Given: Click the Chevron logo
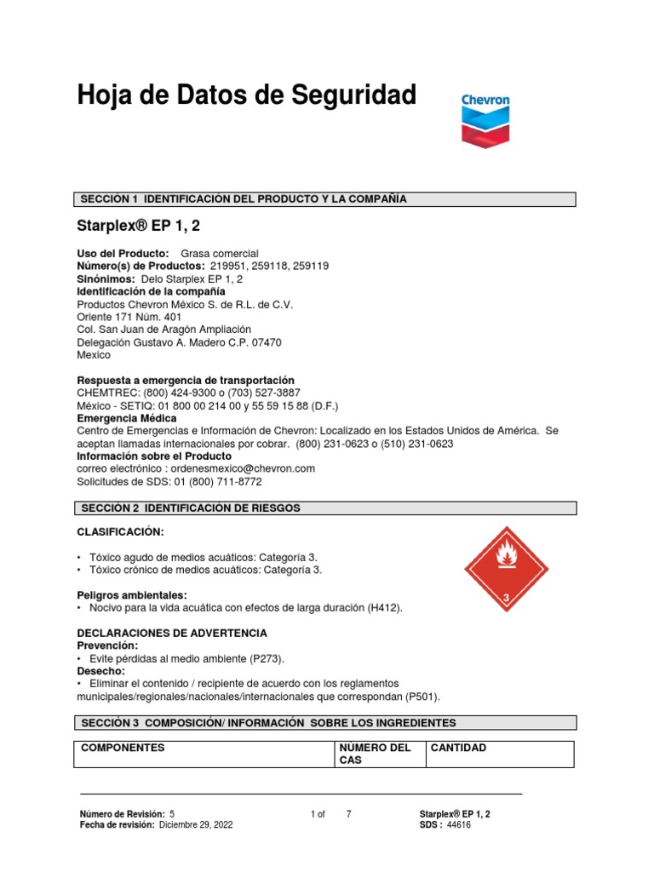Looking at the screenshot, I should click(x=485, y=120).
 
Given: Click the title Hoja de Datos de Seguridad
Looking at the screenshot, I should click(x=247, y=96).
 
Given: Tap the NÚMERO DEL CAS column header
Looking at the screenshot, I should click(x=376, y=754).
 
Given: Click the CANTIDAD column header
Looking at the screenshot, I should click(x=459, y=748).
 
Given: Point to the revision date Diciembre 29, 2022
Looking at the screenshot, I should click(x=195, y=825).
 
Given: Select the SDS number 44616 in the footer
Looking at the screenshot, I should click(x=459, y=825).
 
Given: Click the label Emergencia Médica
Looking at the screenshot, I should click(x=127, y=418).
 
